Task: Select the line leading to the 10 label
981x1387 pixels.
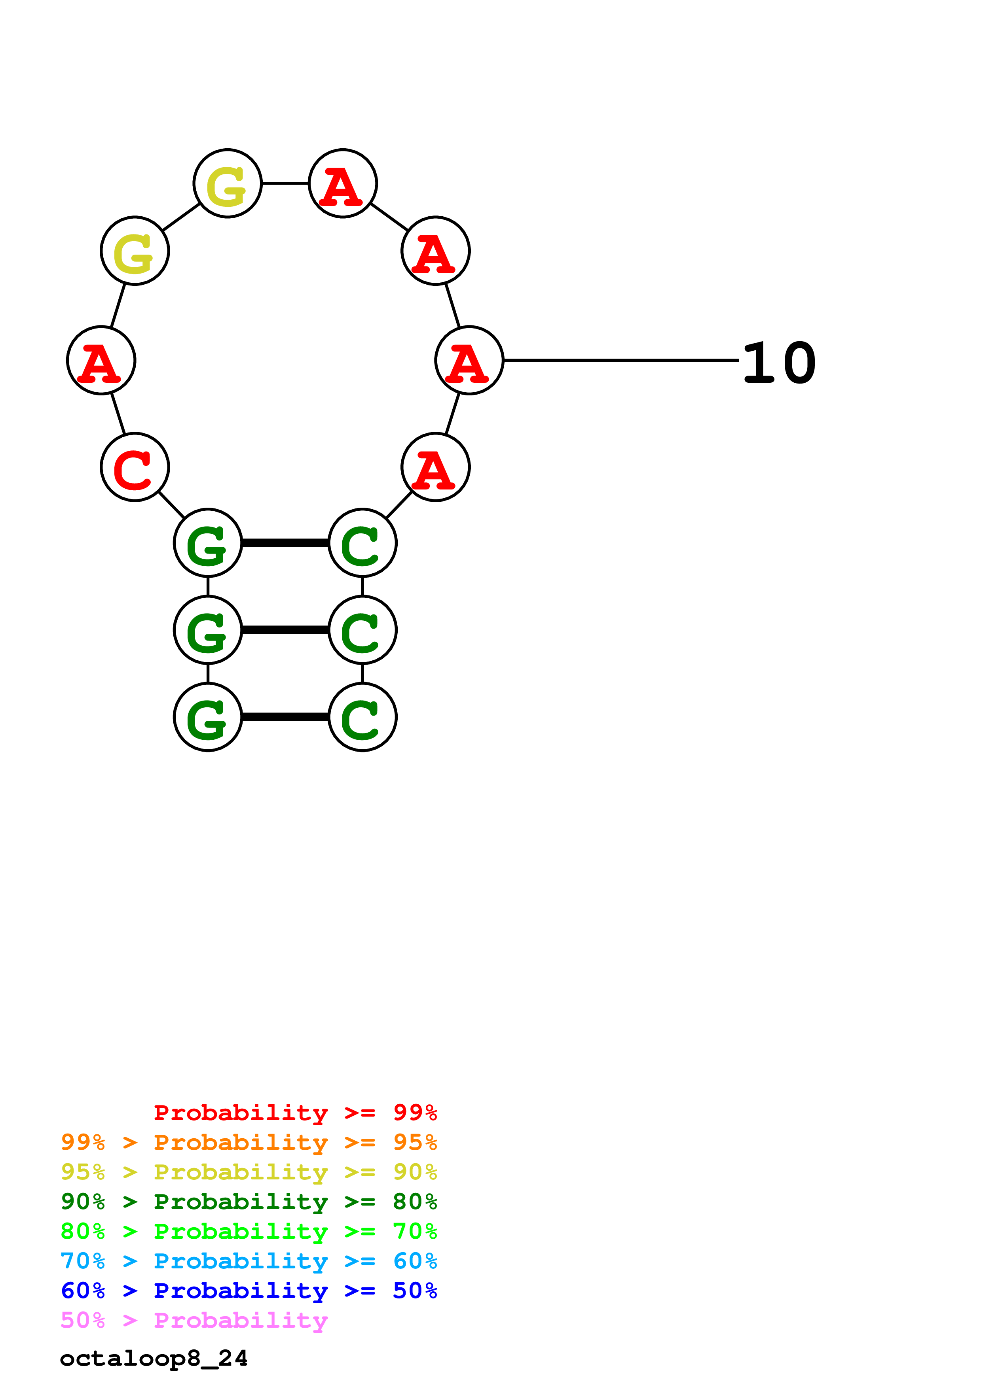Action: click(x=621, y=360)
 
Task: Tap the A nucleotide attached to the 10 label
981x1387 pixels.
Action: click(x=469, y=361)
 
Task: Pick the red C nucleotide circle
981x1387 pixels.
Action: click(x=135, y=467)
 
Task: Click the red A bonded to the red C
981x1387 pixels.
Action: click(x=101, y=361)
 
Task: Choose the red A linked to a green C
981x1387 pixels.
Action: click(x=435, y=467)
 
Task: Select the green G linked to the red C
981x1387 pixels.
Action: click(x=208, y=543)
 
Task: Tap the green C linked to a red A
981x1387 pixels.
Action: click(x=362, y=543)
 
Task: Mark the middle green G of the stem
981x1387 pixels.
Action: click(x=208, y=630)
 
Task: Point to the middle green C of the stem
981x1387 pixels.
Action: click(x=362, y=630)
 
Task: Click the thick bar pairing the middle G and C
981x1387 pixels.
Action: click(x=285, y=630)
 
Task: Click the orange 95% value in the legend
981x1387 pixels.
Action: click(x=415, y=1142)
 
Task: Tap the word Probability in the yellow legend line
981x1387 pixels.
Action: click(x=241, y=1172)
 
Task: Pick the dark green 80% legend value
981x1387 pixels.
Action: click(x=415, y=1202)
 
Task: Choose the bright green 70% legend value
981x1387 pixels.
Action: click(x=415, y=1231)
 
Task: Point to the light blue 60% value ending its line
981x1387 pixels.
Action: click(x=415, y=1261)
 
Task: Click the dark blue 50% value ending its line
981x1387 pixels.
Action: click(x=415, y=1291)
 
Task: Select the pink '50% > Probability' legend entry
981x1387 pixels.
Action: click(x=194, y=1320)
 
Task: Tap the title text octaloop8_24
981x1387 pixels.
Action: click(x=154, y=1358)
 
